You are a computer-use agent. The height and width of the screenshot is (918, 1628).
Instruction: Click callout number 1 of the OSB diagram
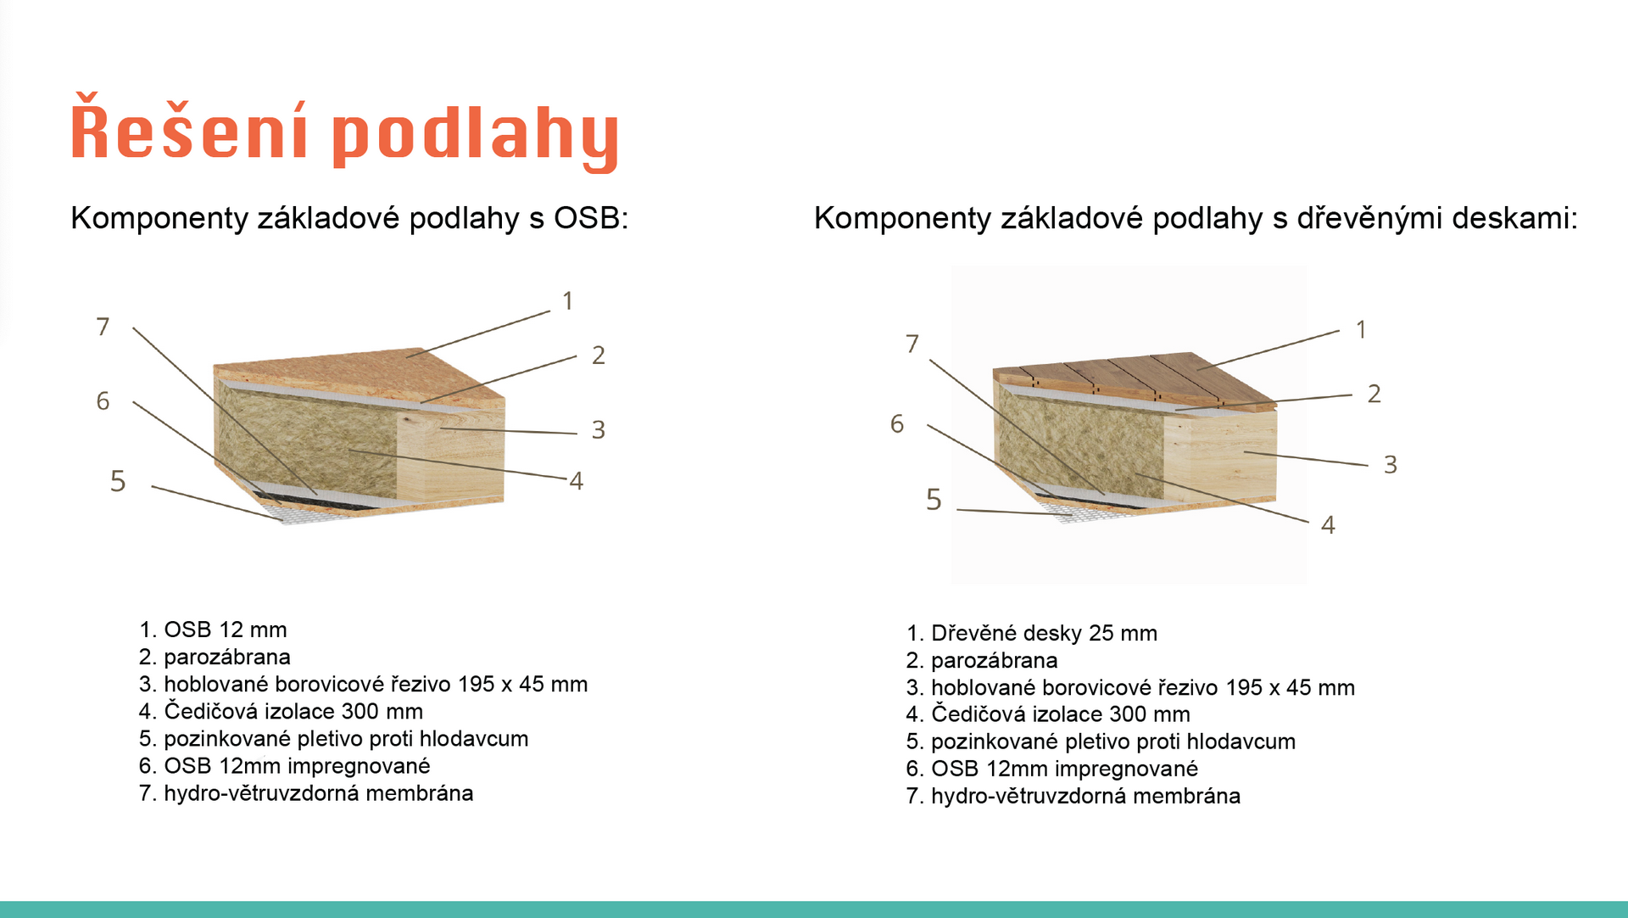[568, 301]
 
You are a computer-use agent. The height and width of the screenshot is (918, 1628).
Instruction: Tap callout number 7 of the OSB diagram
[103, 327]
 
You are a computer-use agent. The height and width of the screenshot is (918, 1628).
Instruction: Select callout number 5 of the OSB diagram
[118, 482]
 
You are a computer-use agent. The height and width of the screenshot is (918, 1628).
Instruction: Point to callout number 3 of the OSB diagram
[599, 430]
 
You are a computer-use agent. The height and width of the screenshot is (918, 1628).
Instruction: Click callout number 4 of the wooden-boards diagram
[1328, 525]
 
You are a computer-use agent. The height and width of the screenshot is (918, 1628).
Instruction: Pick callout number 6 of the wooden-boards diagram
[897, 424]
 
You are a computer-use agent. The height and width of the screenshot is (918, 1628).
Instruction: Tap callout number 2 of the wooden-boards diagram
[1374, 394]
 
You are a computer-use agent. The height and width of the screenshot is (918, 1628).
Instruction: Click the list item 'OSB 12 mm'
[226, 630]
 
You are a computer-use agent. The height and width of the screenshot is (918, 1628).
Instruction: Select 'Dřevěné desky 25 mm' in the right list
[1044, 633]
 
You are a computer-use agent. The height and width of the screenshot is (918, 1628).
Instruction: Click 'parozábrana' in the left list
[227, 657]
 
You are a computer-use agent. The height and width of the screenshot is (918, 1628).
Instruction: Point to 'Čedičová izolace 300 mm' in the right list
[1061, 714]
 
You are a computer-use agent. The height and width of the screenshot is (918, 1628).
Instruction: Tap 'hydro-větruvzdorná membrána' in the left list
[319, 793]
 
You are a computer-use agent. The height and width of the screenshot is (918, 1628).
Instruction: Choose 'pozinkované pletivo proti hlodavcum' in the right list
[1113, 742]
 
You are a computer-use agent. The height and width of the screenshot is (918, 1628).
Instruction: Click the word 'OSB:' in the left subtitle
[591, 218]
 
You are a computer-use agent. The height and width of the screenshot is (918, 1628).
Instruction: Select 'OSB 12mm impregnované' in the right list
[1065, 769]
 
